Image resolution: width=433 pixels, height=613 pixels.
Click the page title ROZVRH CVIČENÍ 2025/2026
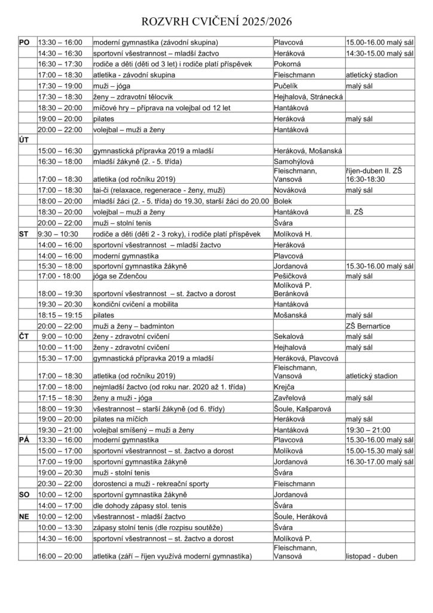coord(216,23)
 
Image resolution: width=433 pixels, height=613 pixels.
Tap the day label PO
coord(25,43)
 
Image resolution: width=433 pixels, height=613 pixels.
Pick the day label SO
coord(25,495)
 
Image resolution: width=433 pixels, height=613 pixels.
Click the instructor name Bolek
coord(282,201)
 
